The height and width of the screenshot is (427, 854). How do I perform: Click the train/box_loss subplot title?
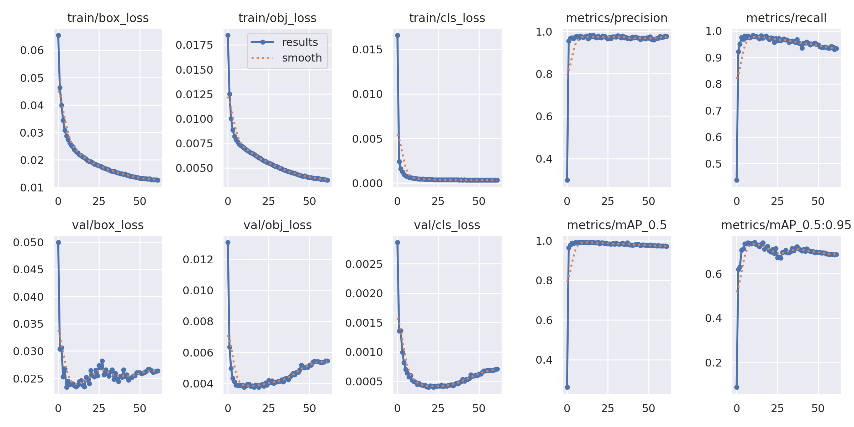pyautogui.click(x=108, y=18)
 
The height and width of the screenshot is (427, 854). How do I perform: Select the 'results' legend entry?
pyautogui.click(x=300, y=42)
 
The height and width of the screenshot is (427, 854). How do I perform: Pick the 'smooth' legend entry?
pyautogui.click(x=301, y=58)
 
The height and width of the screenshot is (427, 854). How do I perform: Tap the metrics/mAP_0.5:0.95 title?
pyautogui.click(x=786, y=225)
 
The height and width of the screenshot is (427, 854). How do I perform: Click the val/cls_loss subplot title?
pyautogui.click(x=447, y=225)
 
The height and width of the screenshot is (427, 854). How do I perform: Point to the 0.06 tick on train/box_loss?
pyautogui.click(x=32, y=51)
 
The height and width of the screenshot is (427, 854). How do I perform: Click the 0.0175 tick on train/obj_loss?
pyautogui.click(x=194, y=45)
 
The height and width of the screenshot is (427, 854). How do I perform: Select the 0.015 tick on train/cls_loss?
pyautogui.click(x=367, y=49)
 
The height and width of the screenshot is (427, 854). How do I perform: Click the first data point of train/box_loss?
pyautogui.click(x=58, y=35)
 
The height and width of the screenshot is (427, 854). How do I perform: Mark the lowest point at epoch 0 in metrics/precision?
pyautogui.click(x=567, y=180)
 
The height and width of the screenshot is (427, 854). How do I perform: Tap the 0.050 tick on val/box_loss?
pyautogui.click(x=28, y=243)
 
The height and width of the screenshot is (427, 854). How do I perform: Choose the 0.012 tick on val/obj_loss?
pyautogui.click(x=198, y=260)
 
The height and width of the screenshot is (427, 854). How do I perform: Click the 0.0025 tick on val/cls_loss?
pyautogui.click(x=364, y=264)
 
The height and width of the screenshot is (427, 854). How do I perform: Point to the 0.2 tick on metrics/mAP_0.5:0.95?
pyautogui.click(x=713, y=363)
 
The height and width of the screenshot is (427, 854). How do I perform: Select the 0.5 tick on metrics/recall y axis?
pyautogui.click(x=713, y=164)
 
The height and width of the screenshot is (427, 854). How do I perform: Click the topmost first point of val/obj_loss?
pyautogui.click(x=228, y=242)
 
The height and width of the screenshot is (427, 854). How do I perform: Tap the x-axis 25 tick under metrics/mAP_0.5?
pyautogui.click(x=607, y=408)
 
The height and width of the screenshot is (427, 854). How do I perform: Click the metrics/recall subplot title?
pyautogui.click(x=786, y=18)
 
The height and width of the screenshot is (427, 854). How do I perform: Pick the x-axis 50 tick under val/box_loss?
pyautogui.click(x=140, y=408)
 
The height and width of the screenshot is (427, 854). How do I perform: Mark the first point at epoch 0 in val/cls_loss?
pyautogui.click(x=397, y=242)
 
